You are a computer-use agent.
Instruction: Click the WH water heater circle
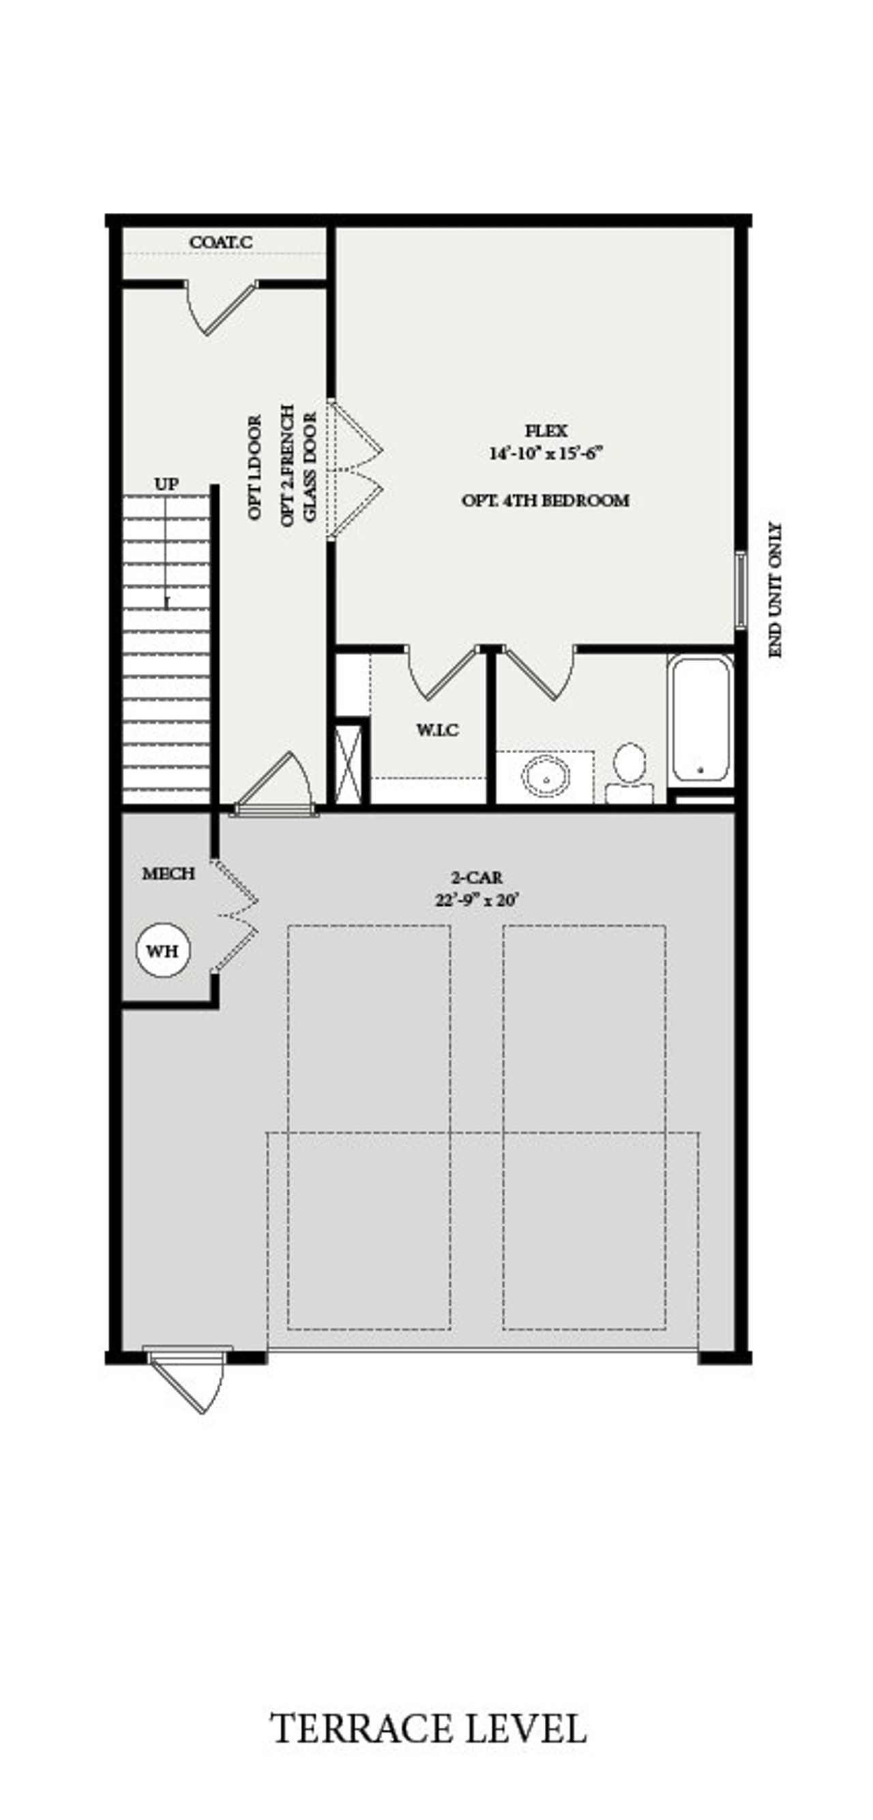pos(163,951)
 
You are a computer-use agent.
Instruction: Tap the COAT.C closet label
pos(220,242)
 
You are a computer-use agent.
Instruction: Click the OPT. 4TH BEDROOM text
pos(545,501)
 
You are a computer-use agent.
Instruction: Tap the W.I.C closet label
pos(437,730)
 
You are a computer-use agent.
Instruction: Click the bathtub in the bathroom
pos(700,718)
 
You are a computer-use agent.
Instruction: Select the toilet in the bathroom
pos(630,770)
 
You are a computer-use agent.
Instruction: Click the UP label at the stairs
pos(166,484)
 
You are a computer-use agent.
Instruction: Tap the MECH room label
pos(168,874)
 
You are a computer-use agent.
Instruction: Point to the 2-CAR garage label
pos(477,877)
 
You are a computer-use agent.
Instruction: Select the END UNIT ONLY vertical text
pos(775,590)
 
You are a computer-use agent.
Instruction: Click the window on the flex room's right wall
pos(739,590)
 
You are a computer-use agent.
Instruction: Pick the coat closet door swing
pos(220,308)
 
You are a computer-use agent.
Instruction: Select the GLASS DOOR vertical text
pos(310,467)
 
